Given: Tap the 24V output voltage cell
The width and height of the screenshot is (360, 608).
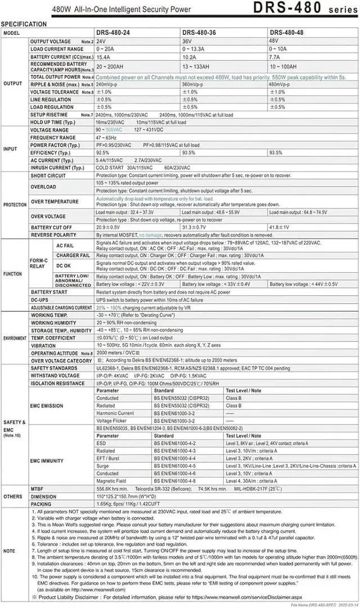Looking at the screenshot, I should tap(101, 42).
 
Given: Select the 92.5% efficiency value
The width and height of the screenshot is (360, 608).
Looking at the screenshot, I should tap(102, 152).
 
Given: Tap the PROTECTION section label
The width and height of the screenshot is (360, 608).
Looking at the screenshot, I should tap(14, 205).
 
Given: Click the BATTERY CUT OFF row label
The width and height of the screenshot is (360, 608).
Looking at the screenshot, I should tap(53, 227).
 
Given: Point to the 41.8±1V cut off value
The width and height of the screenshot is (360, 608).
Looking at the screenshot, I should tap(280, 227).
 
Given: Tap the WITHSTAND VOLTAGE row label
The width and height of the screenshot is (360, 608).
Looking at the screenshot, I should tap(55, 375).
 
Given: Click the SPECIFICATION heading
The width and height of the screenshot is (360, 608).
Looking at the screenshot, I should tap(24, 24).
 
